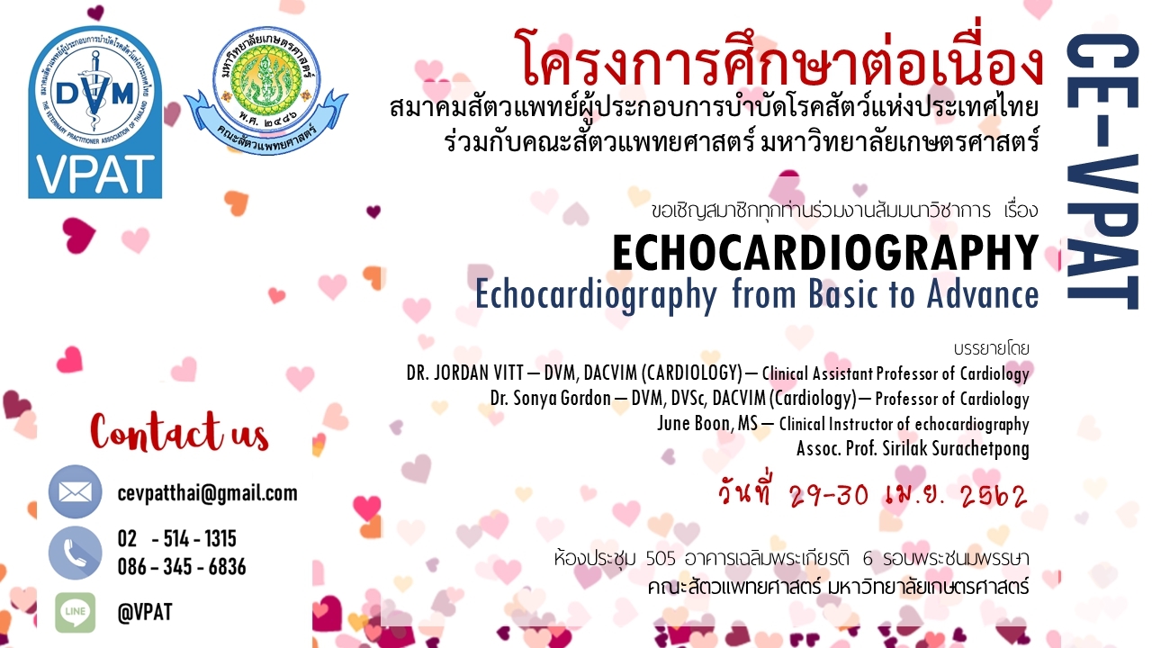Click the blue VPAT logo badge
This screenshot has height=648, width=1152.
point(95,113)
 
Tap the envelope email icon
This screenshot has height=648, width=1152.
point(75,491)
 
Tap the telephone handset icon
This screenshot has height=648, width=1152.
point(75,553)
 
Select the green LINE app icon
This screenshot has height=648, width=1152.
point(76,613)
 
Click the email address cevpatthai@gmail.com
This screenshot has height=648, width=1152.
point(207,492)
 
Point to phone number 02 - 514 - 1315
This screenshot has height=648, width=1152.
point(177,538)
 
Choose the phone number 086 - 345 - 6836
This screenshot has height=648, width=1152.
point(182,567)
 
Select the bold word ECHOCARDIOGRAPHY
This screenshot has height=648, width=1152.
point(825,253)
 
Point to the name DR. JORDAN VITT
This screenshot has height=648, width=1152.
point(464,373)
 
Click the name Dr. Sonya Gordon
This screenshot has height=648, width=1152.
point(550,398)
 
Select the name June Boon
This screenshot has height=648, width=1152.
point(694,423)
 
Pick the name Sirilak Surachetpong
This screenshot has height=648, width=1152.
point(956,449)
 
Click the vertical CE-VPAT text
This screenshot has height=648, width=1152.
point(1102,171)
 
